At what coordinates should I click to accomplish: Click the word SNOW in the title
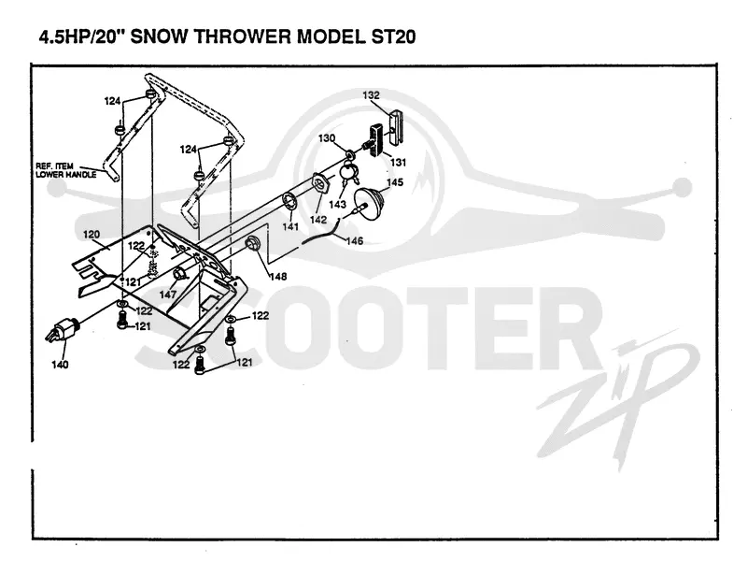click(x=160, y=36)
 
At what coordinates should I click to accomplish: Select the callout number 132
click(x=371, y=95)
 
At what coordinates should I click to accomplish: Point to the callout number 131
click(x=398, y=162)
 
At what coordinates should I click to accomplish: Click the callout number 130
click(x=327, y=138)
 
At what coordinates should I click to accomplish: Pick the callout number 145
click(x=394, y=182)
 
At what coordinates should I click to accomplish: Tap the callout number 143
click(x=337, y=204)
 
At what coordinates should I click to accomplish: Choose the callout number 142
click(x=318, y=219)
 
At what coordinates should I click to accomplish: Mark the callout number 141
click(x=290, y=226)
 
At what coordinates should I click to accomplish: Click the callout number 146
click(x=355, y=241)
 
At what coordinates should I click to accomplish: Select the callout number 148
click(x=278, y=276)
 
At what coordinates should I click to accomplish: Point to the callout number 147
click(x=168, y=295)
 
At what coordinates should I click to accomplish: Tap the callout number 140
click(x=60, y=365)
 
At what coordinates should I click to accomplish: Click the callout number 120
click(x=92, y=235)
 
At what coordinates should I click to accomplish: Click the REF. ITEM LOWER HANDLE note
click(x=66, y=170)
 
